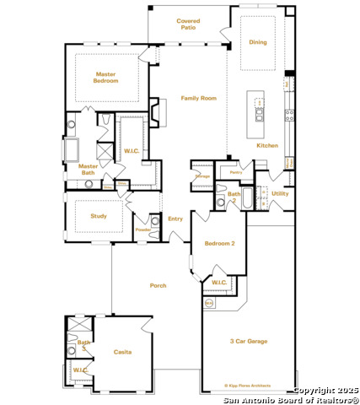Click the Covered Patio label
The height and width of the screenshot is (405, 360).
[187, 24]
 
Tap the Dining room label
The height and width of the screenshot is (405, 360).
[258, 41]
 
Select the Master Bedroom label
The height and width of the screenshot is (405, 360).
[106, 78]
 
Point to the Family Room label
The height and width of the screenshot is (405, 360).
[198, 98]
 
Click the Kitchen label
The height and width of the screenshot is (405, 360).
[266, 145]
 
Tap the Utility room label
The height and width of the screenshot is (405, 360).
[280, 193]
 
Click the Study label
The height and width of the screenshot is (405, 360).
[98, 216]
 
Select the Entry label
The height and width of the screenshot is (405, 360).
[175, 219]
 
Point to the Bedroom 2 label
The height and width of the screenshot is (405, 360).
[219, 243]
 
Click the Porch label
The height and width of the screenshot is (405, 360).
[158, 285]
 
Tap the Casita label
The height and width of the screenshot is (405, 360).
[122, 352]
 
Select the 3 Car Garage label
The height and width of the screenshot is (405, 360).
[248, 341]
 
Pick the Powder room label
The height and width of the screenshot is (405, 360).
[143, 229]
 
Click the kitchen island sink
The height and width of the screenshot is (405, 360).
[260, 115]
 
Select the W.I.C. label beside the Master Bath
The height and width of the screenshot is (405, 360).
[131, 152]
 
